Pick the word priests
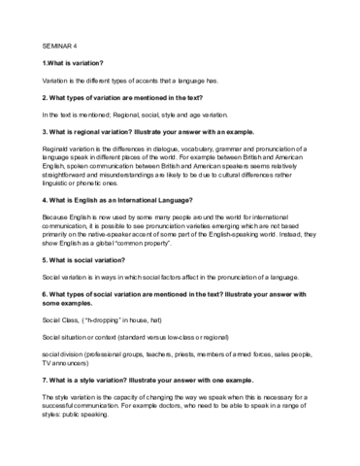click(x=189, y=387)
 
